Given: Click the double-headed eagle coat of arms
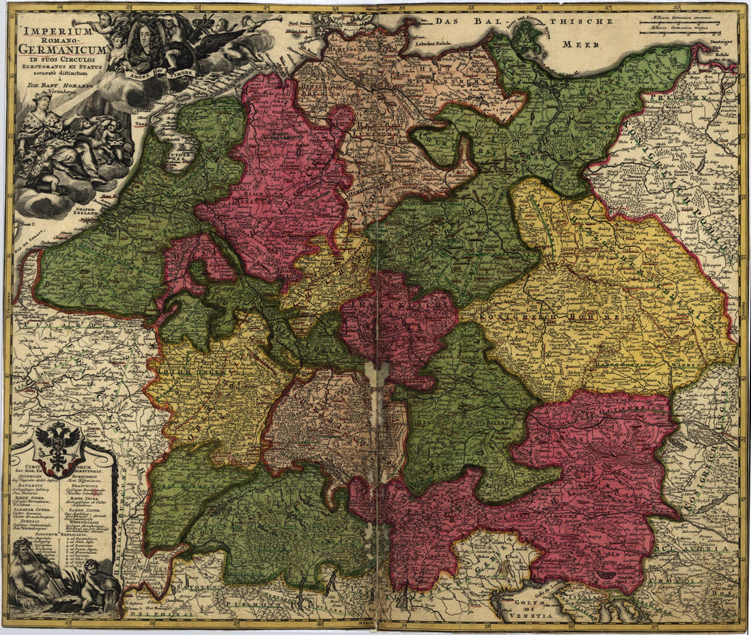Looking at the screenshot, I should coord(58,447).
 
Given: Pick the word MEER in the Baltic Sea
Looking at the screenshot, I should coord(581,44).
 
